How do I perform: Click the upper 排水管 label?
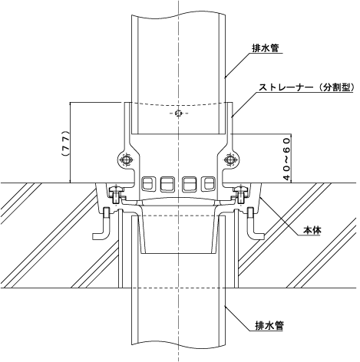(265, 48)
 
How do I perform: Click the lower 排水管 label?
(269, 326)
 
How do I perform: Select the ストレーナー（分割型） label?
(306, 87)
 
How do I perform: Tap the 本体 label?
(312, 230)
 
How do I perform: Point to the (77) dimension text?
(66, 143)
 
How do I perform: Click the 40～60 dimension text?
(287, 159)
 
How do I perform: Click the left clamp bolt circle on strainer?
(126, 160)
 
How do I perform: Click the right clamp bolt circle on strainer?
(231, 160)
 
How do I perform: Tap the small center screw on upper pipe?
(178, 113)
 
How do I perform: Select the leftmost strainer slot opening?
(147, 183)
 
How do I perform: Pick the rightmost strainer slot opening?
(208, 183)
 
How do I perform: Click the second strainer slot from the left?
(167, 184)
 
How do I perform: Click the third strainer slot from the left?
(189, 184)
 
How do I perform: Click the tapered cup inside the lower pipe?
(178, 235)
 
